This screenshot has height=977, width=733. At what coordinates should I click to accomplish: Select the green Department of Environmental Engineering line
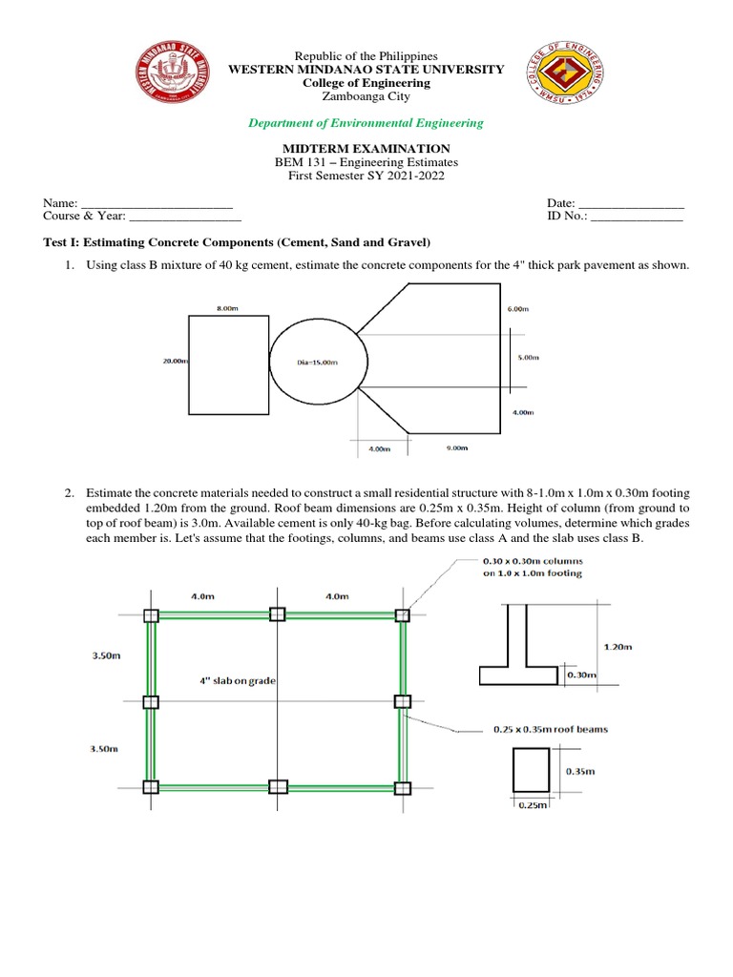click(x=366, y=123)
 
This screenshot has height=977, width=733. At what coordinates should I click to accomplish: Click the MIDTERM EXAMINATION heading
click(x=366, y=149)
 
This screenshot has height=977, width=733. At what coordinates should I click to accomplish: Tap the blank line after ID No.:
click(x=637, y=218)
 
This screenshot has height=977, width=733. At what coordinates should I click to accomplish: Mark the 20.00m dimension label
click(x=175, y=362)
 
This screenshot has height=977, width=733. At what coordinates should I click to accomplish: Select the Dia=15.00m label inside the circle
click(x=318, y=363)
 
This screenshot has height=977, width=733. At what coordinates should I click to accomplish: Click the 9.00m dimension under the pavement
click(x=456, y=447)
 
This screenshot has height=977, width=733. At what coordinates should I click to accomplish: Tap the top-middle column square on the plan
click(x=277, y=614)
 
